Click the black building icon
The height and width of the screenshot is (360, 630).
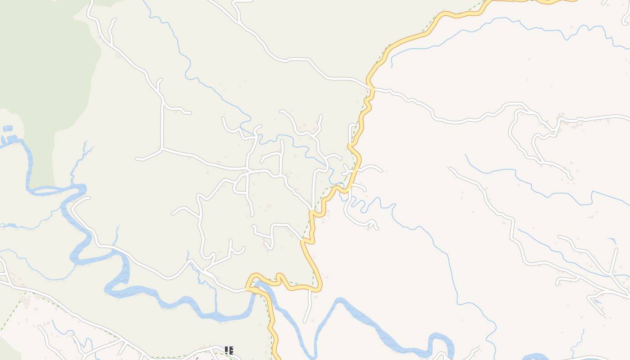pos(229,350)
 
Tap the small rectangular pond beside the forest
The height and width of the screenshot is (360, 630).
pos(8,129)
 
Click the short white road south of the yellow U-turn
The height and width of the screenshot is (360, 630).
pos(309,306)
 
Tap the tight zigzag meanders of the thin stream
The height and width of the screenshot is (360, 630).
pos(360,205)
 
